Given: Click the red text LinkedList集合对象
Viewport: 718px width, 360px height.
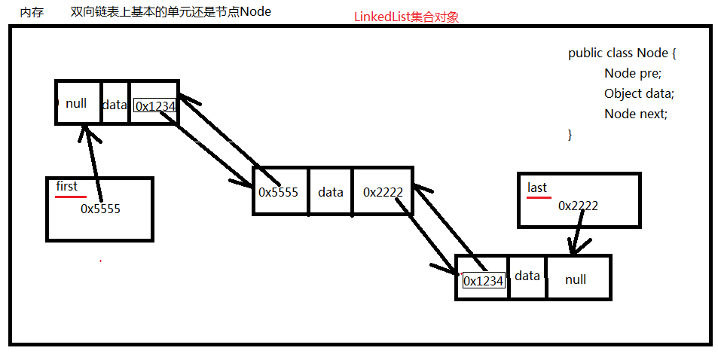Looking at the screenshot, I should coord(406,17).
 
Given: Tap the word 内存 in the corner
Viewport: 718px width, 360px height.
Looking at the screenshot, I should coord(31,12).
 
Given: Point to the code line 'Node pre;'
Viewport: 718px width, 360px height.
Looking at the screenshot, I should coord(632,74).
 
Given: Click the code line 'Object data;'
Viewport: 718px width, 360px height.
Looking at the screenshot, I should coord(639,94).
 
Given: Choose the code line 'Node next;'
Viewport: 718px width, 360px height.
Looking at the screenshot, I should coord(635,114).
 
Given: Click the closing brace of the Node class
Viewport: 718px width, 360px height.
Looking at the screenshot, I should coord(570,135).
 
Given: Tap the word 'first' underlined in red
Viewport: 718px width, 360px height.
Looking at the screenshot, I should coord(66,186).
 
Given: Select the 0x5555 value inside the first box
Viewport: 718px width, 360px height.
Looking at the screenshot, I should coord(100,209).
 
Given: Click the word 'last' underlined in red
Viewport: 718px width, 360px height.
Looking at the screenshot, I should coord(537,188).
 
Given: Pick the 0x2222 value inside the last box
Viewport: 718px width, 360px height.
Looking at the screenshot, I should coord(578,206).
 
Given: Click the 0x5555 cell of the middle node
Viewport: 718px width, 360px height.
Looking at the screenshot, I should coord(278,192).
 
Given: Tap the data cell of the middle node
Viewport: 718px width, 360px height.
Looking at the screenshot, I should coord(330,192).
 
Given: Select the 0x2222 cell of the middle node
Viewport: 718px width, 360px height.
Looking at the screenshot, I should coord(383,192).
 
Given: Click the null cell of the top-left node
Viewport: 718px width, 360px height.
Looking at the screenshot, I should coord(76,104).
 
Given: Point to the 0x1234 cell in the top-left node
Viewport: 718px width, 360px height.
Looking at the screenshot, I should coord(154,106).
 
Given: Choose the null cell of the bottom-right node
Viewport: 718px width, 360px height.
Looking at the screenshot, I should coord(576,279).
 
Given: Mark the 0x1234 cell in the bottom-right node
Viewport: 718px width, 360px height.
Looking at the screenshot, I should coord(483,281).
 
